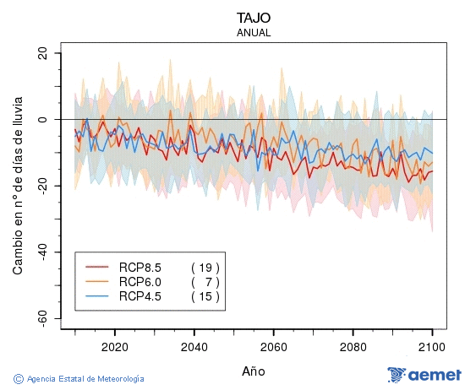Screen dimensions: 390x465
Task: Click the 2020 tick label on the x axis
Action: point(114,346)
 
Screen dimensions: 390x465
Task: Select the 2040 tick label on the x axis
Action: point(194,346)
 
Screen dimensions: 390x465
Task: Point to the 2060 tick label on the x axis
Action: point(273,346)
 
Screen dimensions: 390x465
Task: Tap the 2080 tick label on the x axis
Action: point(353,346)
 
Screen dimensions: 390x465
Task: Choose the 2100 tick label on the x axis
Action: point(432,346)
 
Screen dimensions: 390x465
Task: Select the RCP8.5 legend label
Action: point(139,267)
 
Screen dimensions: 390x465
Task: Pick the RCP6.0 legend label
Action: point(139,281)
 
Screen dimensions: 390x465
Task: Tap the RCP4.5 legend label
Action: point(139,295)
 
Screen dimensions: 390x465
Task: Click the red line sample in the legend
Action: point(98,267)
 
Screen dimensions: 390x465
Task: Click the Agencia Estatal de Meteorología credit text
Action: point(79,379)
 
